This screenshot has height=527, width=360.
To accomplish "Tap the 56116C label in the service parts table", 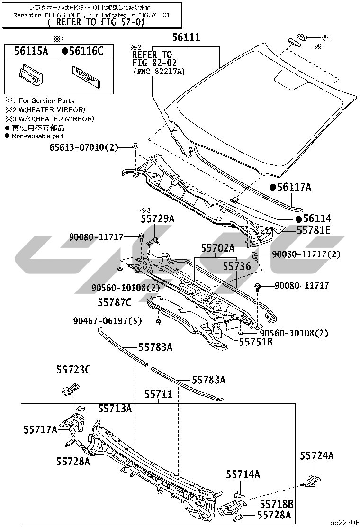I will coord(85,51).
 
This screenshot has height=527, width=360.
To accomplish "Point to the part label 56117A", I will coord(294,188).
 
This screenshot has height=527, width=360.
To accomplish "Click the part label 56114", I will coord(317,219).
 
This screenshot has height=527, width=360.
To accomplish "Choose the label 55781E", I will coord(314,230).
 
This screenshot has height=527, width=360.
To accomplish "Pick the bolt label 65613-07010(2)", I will coord(83,147).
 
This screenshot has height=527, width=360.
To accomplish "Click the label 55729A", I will coord(157,218).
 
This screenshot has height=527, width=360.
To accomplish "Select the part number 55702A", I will coord(217,248).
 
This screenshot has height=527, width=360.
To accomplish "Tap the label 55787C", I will coord(115,302).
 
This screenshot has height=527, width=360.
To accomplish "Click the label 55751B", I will coord(255,342).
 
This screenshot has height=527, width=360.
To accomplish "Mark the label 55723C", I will coord(73,369).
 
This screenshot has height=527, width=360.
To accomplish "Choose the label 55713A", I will coord(115,409).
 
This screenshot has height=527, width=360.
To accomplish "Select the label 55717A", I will coord(41,429).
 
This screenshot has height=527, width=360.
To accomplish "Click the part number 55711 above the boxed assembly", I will coord(158,394).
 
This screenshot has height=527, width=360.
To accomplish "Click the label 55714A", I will coord(243,474).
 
